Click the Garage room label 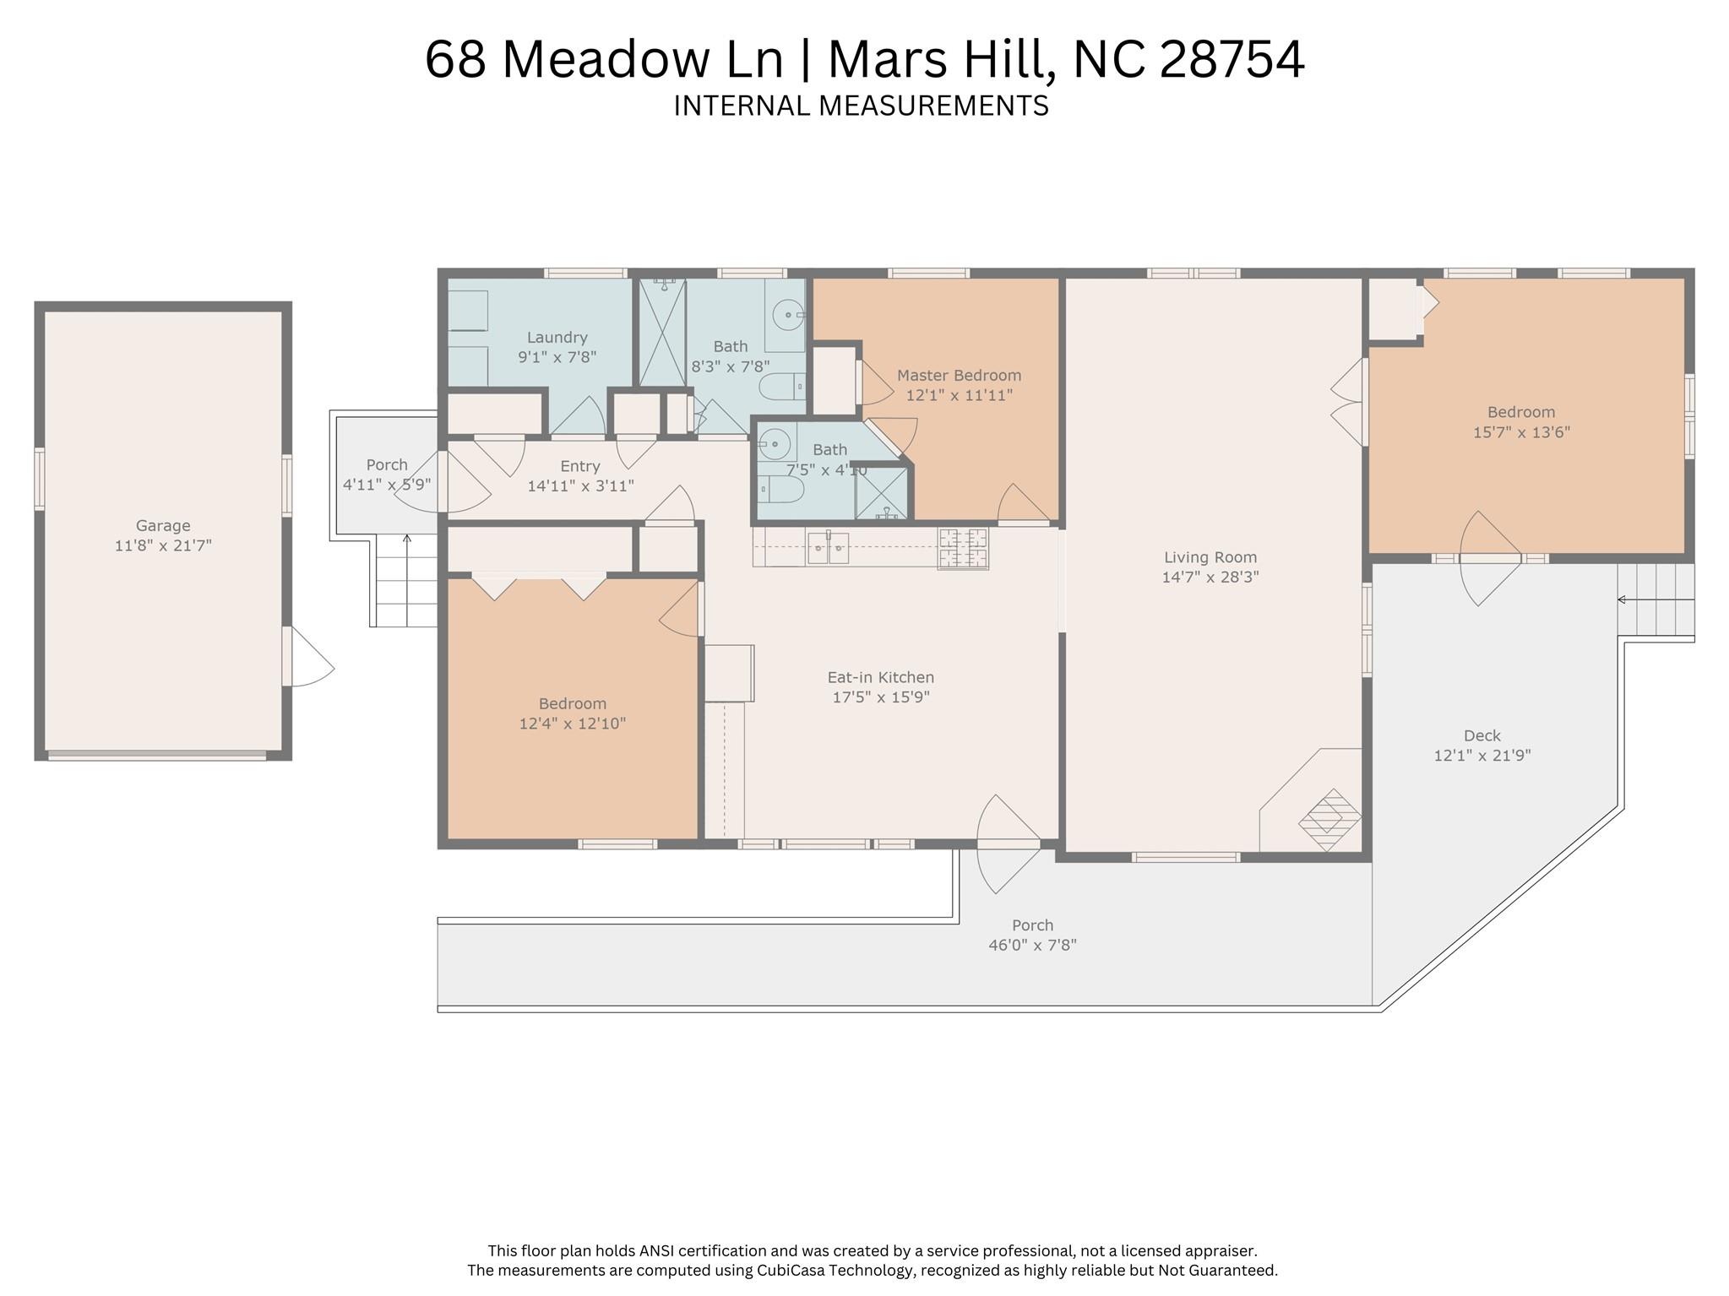point(163,525)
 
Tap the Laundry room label point(557,337)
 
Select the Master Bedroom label point(959,375)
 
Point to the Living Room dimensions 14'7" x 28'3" point(1210,578)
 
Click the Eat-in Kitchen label point(881,677)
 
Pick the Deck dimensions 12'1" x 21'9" point(1482,756)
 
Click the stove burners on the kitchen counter point(962,547)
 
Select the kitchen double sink point(828,547)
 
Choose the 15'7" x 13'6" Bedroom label point(1521,412)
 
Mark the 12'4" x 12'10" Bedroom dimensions point(573,724)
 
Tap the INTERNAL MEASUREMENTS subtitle point(862,106)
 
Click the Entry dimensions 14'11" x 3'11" point(581,485)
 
